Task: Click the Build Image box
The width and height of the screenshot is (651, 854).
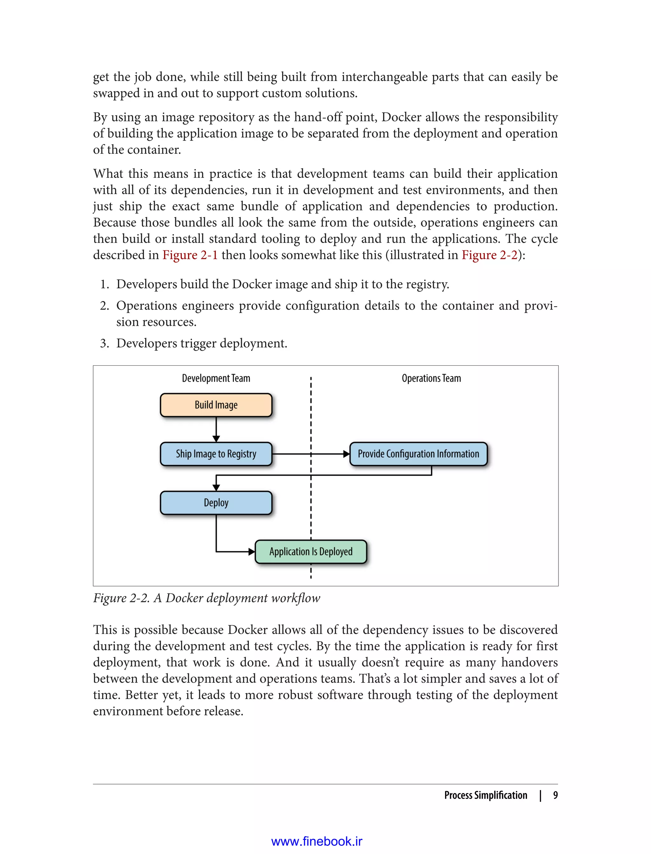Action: coord(216,405)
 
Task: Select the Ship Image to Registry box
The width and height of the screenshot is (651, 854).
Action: coord(216,454)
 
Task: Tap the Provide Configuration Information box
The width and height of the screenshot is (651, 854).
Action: coord(418,454)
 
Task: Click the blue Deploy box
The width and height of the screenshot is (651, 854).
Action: coord(216,503)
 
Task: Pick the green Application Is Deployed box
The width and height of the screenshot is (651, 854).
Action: coord(311,552)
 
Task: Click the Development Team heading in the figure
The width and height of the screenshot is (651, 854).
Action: coord(216,378)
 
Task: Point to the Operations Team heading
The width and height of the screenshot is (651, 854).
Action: coord(431,378)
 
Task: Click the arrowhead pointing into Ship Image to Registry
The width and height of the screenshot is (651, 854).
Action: coord(216,438)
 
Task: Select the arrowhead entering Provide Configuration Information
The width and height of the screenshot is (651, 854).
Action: coord(346,454)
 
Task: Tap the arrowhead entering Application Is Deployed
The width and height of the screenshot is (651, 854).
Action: coord(251,552)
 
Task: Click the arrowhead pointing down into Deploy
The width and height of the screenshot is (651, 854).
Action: coord(216,488)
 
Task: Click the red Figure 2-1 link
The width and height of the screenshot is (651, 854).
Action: coord(190,255)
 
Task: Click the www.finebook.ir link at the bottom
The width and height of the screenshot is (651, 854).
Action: coord(317,841)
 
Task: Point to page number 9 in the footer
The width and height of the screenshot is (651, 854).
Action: coord(555,795)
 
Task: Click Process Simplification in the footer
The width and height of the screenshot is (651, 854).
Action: coord(485,795)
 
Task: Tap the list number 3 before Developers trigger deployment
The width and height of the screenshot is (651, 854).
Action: coord(104,343)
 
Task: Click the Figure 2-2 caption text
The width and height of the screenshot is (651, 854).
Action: coord(207,598)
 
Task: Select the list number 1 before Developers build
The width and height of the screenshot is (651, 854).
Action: coord(104,284)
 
